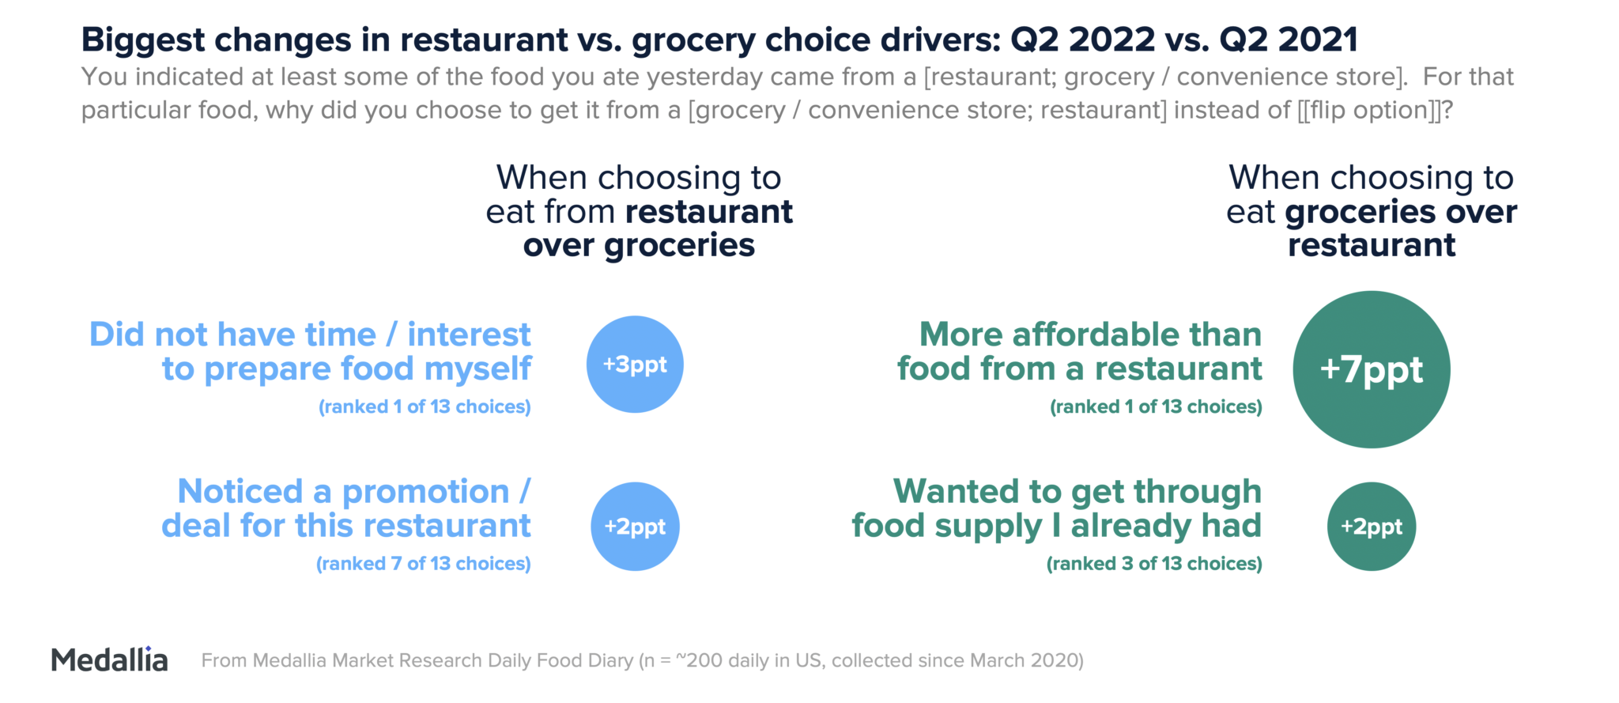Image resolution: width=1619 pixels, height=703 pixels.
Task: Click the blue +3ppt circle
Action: tap(635, 365)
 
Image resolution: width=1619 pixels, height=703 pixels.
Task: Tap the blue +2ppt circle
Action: tap(635, 527)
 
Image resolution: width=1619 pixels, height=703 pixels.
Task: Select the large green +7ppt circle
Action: tap(1372, 369)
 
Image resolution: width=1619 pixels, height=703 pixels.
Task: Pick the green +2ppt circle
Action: tap(1372, 527)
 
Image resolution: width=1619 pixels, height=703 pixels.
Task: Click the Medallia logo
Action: tap(109, 660)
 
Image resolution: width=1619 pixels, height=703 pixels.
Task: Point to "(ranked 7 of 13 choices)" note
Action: tap(424, 564)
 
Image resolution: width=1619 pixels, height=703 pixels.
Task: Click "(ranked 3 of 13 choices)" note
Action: tap(1154, 564)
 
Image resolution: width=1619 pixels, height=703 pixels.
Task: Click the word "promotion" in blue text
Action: tap(425, 492)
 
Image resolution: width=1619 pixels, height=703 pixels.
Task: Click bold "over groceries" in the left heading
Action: tap(639, 246)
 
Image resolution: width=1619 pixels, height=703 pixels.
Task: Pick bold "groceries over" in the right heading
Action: tap(1401, 212)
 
